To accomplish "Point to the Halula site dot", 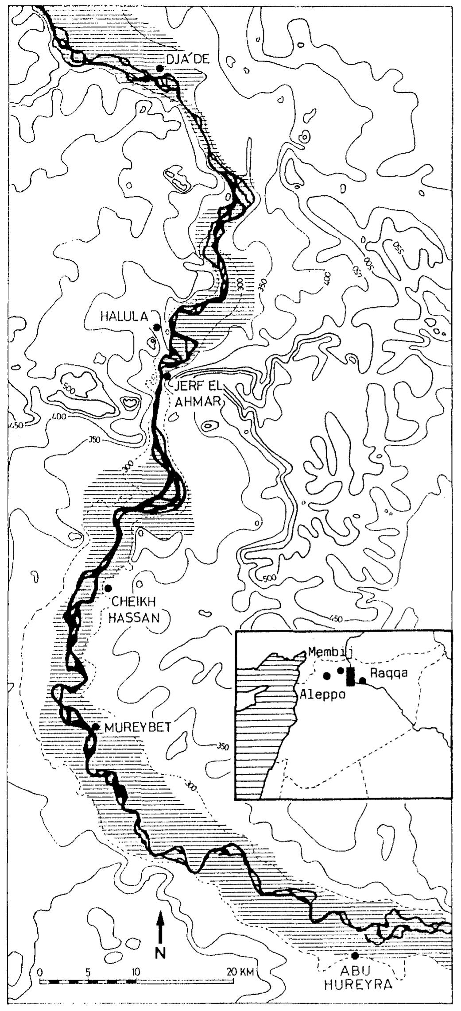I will coord(156,328).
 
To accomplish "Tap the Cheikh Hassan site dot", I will coord(108,588).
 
